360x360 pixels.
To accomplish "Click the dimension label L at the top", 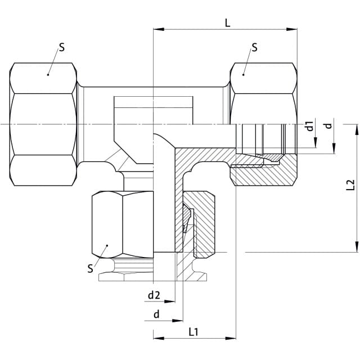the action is pos(227,23).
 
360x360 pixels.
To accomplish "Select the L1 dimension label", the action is pos(193,332).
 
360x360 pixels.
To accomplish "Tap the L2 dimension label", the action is pos(350,185).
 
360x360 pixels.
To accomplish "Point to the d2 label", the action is pos(154,295).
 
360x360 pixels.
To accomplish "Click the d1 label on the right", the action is pos(310,126).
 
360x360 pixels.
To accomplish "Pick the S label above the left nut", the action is pos(62,47).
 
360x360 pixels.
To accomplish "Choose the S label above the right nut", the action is pos(254,47).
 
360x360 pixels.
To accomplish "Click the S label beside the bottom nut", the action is pos(90,268).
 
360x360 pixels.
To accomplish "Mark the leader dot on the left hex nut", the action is pos(48,75).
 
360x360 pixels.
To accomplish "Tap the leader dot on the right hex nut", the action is pos(244,75).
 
